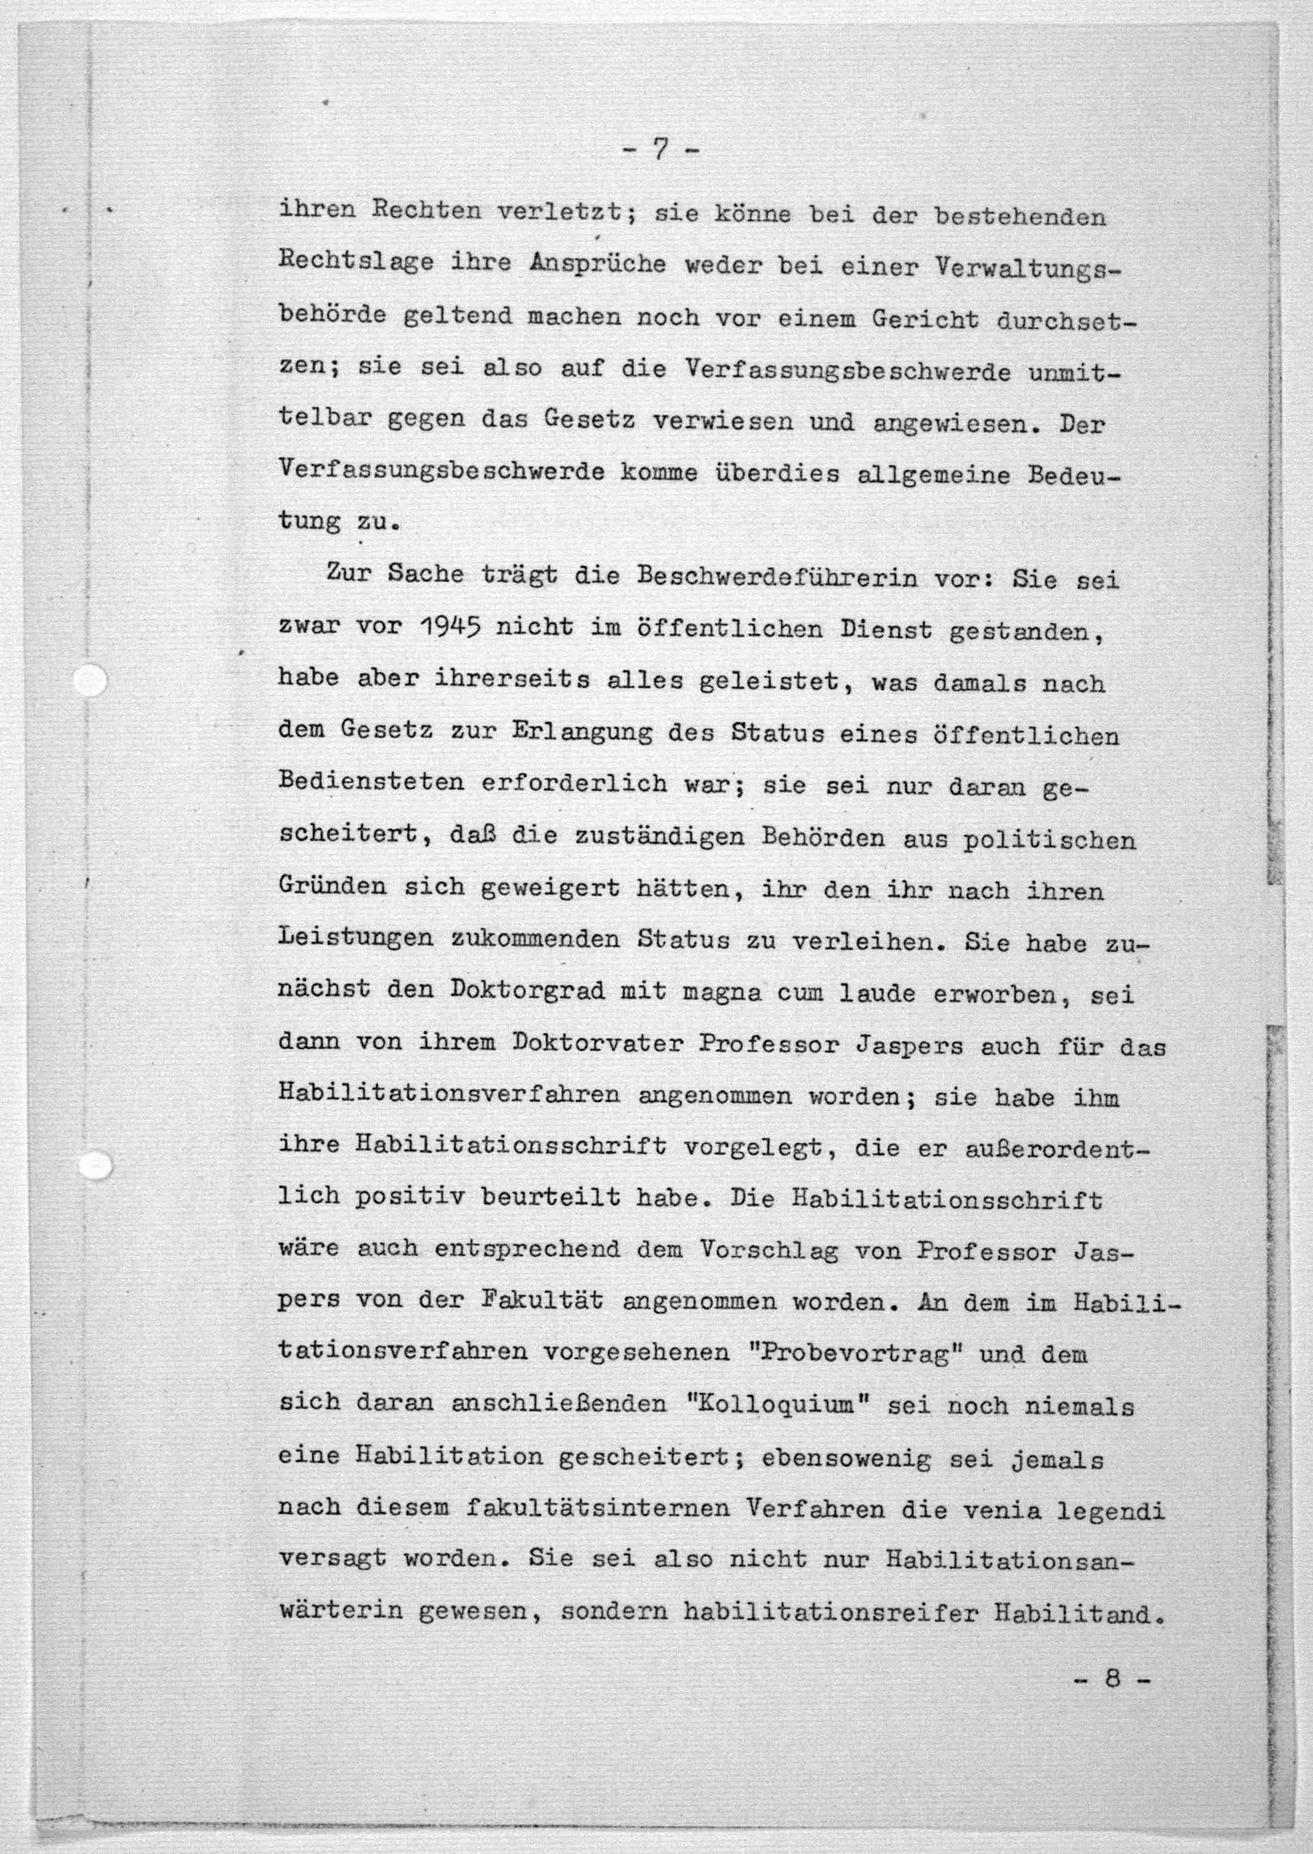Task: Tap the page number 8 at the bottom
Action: click(x=1112, y=1672)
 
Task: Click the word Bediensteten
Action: click(x=371, y=783)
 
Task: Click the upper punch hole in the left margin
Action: click(x=90, y=680)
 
